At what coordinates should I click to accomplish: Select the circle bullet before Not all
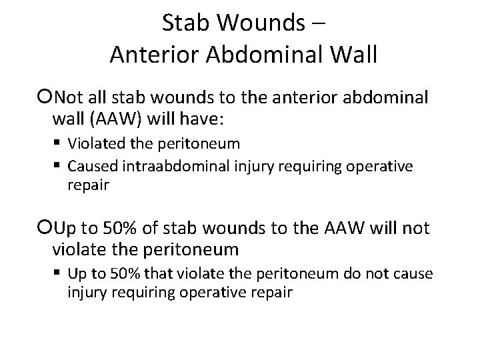(46, 99)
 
